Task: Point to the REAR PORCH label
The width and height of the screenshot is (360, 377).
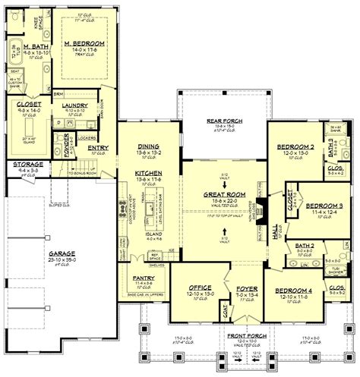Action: (x=224, y=121)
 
